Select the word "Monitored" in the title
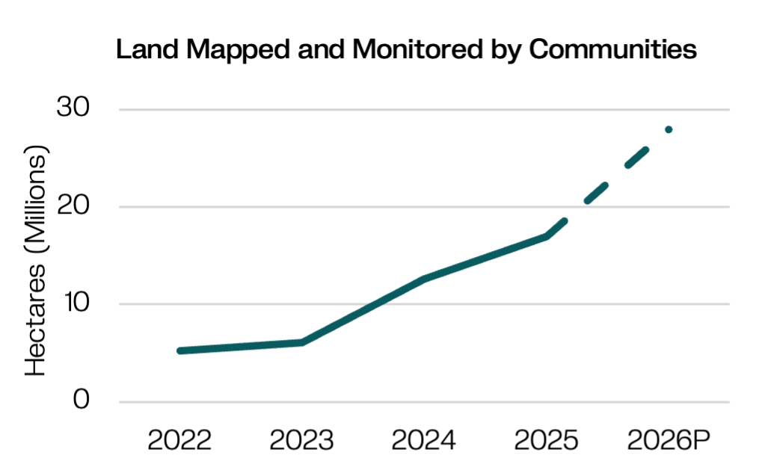pyautogui.click(x=417, y=49)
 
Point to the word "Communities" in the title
pyautogui.click(x=612, y=49)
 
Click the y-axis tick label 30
pyautogui.click(x=73, y=107)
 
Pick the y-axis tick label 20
pyautogui.click(x=73, y=204)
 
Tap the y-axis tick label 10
pyautogui.click(x=76, y=302)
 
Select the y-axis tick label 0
pyautogui.click(x=82, y=399)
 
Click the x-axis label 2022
pyautogui.click(x=179, y=440)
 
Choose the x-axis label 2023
pyautogui.click(x=301, y=440)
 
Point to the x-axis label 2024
pyautogui.click(x=424, y=440)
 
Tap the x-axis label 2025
pyautogui.click(x=547, y=440)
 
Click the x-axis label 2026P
pyautogui.click(x=669, y=440)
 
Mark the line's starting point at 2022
pyautogui.click(x=180, y=350)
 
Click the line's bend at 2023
pyautogui.click(x=302, y=342)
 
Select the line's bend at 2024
pyautogui.click(x=424, y=279)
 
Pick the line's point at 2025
pyautogui.click(x=547, y=237)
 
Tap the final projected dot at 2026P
pyautogui.click(x=669, y=130)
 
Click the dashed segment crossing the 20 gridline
pyautogui.click(x=596, y=194)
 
